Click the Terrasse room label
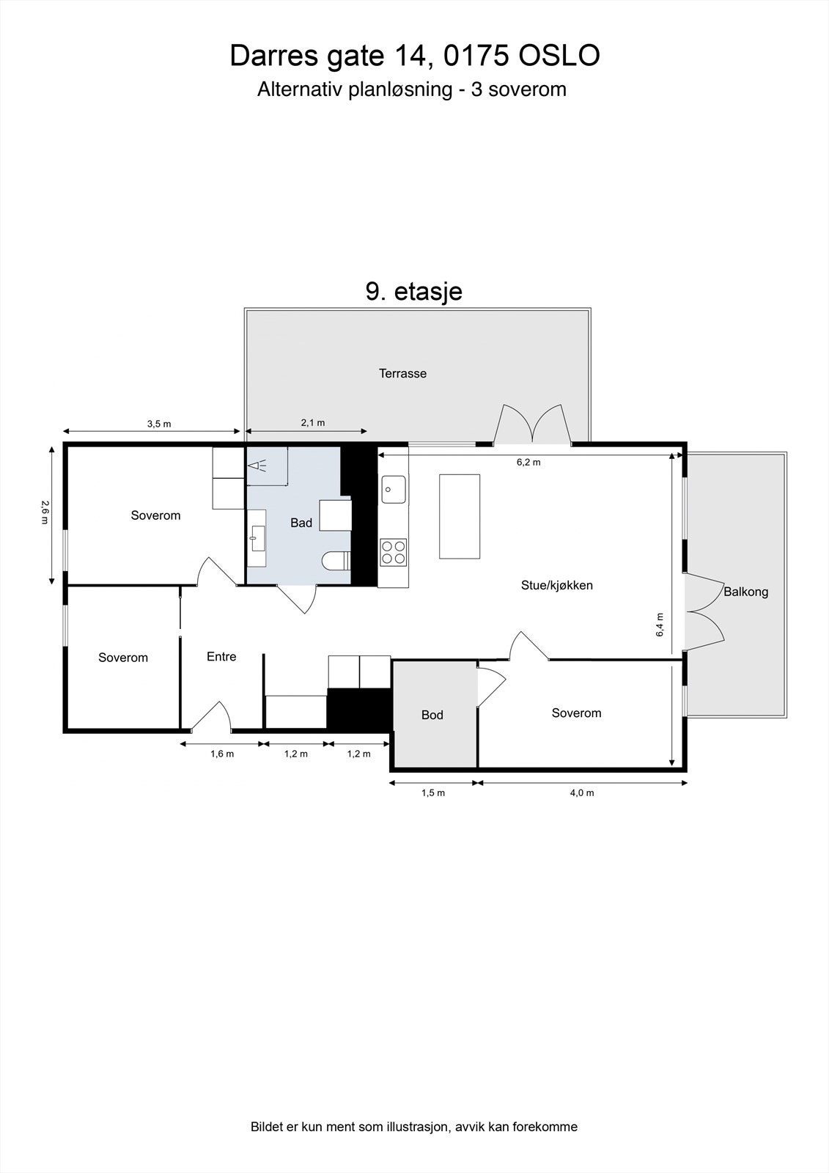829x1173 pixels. point(402,373)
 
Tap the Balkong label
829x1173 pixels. point(745,592)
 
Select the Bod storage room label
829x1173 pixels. point(432,715)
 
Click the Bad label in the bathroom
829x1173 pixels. point(301,523)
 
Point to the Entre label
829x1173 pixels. point(221,657)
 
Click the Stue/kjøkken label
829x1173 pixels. point(556,585)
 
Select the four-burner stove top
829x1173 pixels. point(393,551)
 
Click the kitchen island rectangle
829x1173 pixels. point(460,516)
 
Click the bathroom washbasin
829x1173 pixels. point(256,537)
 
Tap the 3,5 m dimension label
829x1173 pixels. point(158,424)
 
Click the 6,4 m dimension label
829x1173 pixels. point(660,624)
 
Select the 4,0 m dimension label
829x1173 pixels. point(581,793)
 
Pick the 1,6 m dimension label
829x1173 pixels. point(221,754)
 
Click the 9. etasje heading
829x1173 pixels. point(413,291)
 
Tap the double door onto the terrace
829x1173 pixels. point(533,427)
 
